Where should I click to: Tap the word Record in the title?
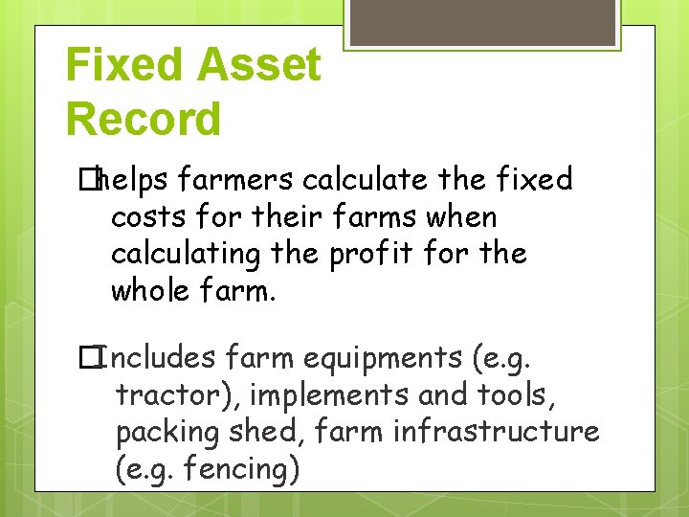coord(144,120)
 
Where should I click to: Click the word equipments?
coord(380,358)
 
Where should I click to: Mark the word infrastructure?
coord(496,431)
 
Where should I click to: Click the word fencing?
coord(237,469)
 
